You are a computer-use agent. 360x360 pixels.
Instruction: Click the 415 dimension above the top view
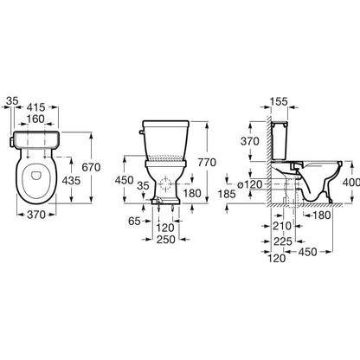coord(36,107)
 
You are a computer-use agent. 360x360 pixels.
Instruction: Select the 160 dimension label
coord(35,119)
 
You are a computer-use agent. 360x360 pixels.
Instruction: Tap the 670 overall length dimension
coord(91,167)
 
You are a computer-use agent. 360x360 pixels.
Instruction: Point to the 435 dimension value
coord(71,181)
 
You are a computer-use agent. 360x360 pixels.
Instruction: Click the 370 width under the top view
coord(36,215)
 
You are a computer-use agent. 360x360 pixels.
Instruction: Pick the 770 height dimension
coord(207,163)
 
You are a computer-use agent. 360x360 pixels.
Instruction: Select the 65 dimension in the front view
coord(134,222)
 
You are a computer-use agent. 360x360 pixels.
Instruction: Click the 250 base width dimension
coord(165,240)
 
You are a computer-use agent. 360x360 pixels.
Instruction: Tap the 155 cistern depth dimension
coord(280,101)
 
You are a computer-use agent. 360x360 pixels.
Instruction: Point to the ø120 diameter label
coord(250,184)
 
